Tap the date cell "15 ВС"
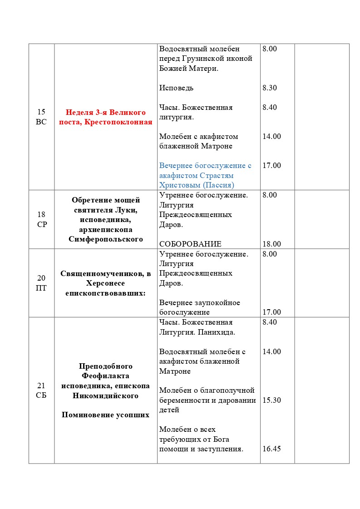pyautogui.click(x=41, y=117)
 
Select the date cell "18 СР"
pyautogui.click(x=41, y=219)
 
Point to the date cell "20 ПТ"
pyautogui.click(x=41, y=283)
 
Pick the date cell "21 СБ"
pyautogui.click(x=41, y=390)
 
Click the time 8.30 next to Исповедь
pyautogui.click(x=270, y=88)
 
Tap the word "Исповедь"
pyautogui.click(x=176, y=88)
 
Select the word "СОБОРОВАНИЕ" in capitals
pyautogui.click(x=190, y=244)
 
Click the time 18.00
pyautogui.click(x=271, y=244)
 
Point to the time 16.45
pyautogui.click(x=271, y=449)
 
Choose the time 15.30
pyautogui.click(x=271, y=400)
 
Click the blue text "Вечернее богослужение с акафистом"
pyautogui.click(x=205, y=170)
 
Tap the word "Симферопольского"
pyautogui.click(x=106, y=239)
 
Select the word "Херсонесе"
pyautogui.click(x=106, y=283)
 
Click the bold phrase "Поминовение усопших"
pyautogui.click(x=106, y=415)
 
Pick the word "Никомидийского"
pyautogui.click(x=106, y=395)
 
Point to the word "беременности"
pyautogui.click(x=181, y=400)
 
